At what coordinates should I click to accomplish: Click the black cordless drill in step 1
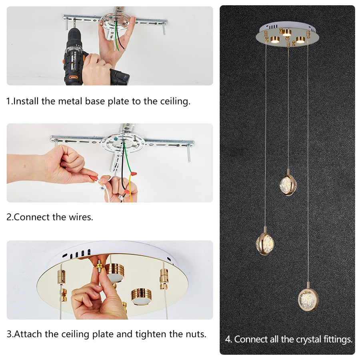coord(78,57)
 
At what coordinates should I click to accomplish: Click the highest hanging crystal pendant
coord(288,184)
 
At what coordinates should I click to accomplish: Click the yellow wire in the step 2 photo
coord(131,188)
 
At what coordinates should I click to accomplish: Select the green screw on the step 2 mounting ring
coord(116,139)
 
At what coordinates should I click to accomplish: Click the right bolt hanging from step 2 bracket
coord(189,153)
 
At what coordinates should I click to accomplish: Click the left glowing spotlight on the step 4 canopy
coord(274,40)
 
